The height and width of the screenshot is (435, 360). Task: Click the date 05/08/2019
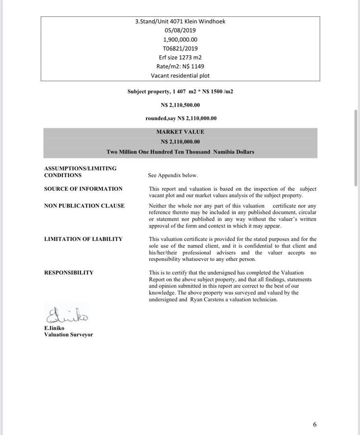[x=180, y=30]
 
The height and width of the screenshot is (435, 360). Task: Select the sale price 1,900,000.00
[x=180, y=39]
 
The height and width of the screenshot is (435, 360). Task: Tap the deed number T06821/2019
[x=180, y=48]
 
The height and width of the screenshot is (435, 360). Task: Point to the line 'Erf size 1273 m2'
[x=180, y=57]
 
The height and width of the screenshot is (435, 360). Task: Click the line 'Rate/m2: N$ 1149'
[x=180, y=66]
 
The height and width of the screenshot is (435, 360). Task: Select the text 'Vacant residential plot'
[x=180, y=75]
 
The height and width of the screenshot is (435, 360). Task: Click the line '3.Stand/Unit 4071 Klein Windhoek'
[x=180, y=21]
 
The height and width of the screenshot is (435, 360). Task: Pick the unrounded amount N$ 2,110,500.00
[x=180, y=105]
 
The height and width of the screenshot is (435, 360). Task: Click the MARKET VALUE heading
[x=180, y=132]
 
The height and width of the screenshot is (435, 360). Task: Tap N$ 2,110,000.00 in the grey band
[x=180, y=142]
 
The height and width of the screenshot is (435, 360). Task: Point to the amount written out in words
[x=180, y=152]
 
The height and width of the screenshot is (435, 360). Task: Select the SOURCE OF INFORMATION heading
[x=83, y=189]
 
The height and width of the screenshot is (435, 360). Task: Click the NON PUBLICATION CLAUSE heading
[x=84, y=206]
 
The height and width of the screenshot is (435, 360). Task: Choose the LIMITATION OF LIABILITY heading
[x=83, y=239]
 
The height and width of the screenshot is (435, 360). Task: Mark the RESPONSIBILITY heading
[x=69, y=273]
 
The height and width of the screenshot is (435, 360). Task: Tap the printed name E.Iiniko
[x=54, y=328]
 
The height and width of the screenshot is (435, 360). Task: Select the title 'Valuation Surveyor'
[x=68, y=335]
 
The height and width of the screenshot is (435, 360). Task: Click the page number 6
[x=314, y=424]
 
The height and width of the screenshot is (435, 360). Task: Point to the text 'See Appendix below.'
[x=173, y=175]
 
